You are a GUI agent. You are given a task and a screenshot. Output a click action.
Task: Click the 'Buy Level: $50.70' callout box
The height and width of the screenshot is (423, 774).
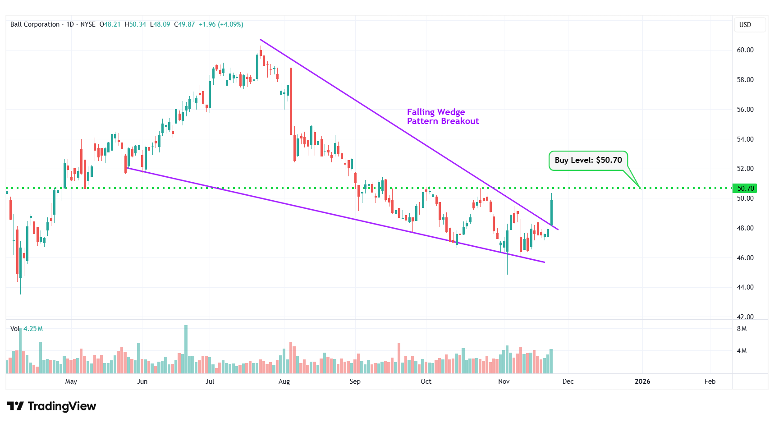click(588, 161)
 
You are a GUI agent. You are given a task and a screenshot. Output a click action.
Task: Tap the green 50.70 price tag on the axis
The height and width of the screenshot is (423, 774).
click(745, 189)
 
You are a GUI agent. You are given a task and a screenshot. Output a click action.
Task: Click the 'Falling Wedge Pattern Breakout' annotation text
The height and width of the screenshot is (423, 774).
click(442, 117)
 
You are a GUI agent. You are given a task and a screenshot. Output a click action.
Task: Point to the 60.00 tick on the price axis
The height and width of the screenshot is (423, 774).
click(745, 50)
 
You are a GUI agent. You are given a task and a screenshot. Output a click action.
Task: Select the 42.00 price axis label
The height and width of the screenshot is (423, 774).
click(745, 317)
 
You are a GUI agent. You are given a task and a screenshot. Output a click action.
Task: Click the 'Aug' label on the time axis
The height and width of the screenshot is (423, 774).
click(284, 382)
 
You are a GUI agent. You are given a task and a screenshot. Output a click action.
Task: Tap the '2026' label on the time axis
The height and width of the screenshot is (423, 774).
click(642, 382)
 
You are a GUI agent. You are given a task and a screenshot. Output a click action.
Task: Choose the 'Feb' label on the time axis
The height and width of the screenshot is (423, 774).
click(710, 382)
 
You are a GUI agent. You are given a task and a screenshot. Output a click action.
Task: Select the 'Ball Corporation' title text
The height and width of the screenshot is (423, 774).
click(35, 24)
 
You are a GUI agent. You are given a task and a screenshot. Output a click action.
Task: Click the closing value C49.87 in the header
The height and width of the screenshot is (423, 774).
click(184, 24)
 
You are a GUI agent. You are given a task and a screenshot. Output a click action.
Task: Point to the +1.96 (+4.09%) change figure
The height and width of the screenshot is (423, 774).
click(221, 24)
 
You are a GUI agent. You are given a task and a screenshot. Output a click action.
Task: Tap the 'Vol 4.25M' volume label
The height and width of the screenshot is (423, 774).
click(27, 329)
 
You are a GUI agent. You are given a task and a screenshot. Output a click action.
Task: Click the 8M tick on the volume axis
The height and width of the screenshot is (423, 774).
click(742, 329)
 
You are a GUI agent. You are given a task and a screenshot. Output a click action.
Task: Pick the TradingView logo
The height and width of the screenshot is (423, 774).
click(51, 406)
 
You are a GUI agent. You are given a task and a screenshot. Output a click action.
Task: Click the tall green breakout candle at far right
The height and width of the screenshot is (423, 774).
click(551, 212)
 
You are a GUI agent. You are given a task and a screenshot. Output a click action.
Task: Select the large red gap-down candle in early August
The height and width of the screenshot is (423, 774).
click(291, 101)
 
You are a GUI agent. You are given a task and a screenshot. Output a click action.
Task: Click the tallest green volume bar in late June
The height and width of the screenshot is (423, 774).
click(186, 349)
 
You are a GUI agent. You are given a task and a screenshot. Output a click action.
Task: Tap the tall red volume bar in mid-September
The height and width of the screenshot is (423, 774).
click(399, 359)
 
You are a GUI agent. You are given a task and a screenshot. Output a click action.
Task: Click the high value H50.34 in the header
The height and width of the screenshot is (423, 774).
click(135, 24)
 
